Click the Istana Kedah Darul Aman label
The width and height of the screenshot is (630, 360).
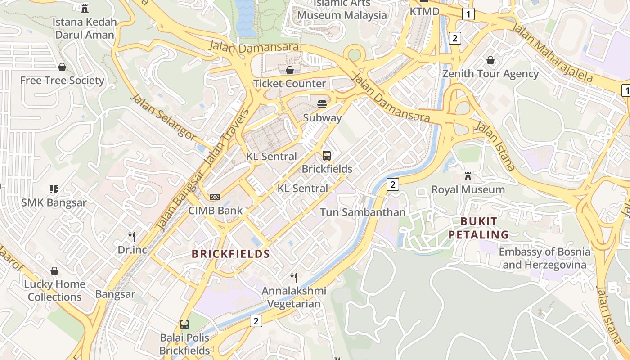pyautogui.click(x=85, y=28)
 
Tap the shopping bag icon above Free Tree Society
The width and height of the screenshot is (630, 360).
pyautogui.click(x=62, y=67)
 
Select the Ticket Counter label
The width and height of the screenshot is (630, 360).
pyautogui.click(x=289, y=84)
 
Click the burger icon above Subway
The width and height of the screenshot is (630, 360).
pyautogui.click(x=322, y=104)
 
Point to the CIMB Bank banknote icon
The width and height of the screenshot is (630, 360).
pyautogui.click(x=215, y=197)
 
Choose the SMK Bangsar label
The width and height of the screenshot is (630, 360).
pyautogui.click(x=54, y=202)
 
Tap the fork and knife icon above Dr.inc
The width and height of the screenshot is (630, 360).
pyautogui.click(x=132, y=236)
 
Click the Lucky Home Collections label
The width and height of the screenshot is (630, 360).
pyautogui.click(x=54, y=290)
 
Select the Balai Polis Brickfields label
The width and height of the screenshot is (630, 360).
pyautogui.click(x=184, y=344)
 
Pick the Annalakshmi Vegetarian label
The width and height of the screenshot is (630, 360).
pyautogui.click(x=294, y=297)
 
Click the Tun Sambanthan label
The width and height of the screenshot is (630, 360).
pyautogui.click(x=363, y=212)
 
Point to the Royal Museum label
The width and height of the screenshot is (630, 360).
pyautogui.click(x=468, y=189)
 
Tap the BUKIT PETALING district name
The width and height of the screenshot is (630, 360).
pyautogui.click(x=479, y=228)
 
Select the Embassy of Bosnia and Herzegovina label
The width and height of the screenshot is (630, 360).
pyautogui.click(x=544, y=258)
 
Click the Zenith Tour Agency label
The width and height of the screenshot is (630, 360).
pyautogui.click(x=490, y=74)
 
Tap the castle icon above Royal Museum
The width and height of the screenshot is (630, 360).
pyautogui.click(x=468, y=176)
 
